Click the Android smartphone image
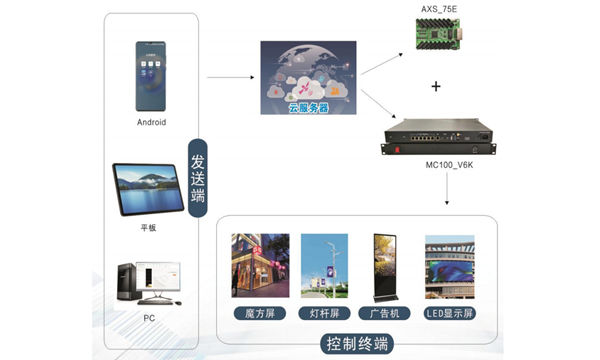click(x=151, y=76)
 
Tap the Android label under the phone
click(x=151, y=122)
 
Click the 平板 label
click(x=149, y=229)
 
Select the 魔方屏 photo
click(x=260, y=267)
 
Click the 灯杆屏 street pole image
click(x=323, y=267)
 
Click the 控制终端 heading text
click(x=357, y=345)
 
